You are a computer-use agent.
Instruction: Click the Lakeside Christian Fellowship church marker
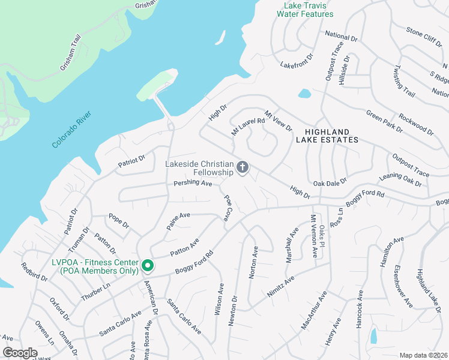[x=243, y=167]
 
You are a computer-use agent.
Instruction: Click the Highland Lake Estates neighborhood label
[x=327, y=135]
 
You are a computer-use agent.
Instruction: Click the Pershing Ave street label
[x=193, y=182]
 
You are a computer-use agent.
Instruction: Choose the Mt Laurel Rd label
[x=248, y=127]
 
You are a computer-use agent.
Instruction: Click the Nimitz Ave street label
[x=282, y=287]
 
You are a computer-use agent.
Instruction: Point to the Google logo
[x=20, y=353]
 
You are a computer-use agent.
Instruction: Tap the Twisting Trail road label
[x=405, y=82]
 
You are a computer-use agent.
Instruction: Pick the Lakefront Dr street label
[x=297, y=60]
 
